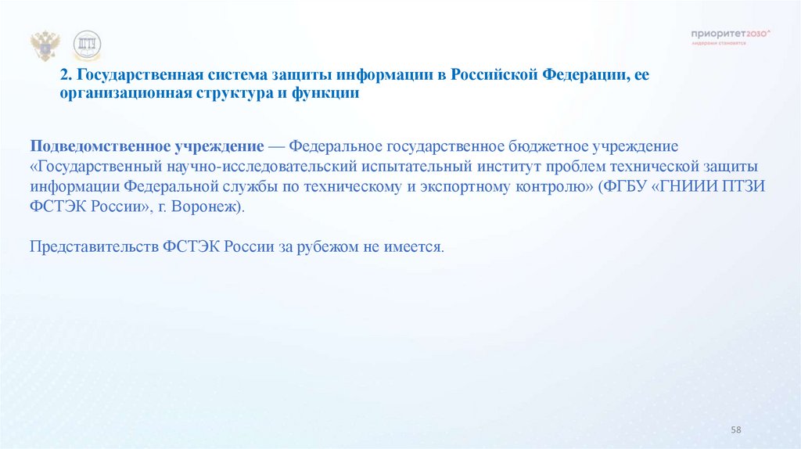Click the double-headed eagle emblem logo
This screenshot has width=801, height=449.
pos(45,46)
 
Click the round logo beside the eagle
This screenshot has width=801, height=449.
pos(87,46)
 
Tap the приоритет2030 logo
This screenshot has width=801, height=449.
pos(731,34)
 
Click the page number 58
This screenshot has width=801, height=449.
pos(735,431)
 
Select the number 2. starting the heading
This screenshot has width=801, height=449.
pos(66,76)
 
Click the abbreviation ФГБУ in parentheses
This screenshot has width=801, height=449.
pos(622,188)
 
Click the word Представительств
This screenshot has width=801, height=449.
pos(94,246)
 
